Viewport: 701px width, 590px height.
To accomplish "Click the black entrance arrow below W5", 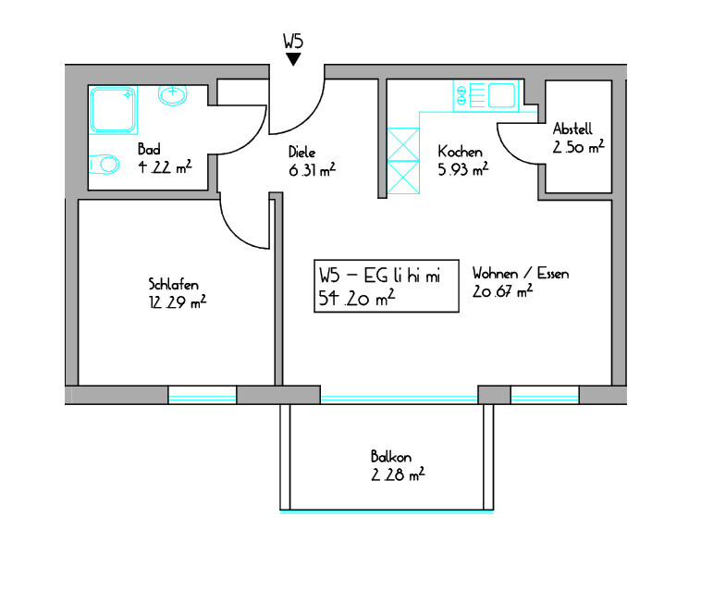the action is click(293, 59).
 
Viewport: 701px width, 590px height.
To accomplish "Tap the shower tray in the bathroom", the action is click(113, 110).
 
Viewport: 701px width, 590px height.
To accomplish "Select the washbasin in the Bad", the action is click(173, 94).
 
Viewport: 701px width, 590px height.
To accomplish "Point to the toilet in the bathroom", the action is click(105, 164).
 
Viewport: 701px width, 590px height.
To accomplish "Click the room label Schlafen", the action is click(174, 284).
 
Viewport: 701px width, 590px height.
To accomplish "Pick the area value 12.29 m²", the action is click(178, 302).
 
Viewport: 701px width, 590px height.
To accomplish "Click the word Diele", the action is click(301, 152).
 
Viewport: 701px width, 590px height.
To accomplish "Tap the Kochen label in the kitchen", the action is click(460, 152).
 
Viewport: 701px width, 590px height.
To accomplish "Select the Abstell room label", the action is click(572, 129).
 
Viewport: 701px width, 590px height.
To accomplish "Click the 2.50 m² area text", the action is click(579, 147).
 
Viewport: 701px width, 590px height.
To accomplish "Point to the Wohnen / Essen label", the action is click(521, 273).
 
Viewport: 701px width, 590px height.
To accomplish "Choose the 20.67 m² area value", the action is click(502, 291).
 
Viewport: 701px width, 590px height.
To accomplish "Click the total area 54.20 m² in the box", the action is click(357, 298).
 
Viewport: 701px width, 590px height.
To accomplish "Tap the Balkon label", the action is click(391, 456).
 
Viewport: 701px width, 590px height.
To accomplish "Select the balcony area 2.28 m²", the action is click(398, 474).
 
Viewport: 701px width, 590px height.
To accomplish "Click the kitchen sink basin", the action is click(501, 95).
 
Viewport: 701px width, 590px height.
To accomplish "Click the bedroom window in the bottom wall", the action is click(203, 395).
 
